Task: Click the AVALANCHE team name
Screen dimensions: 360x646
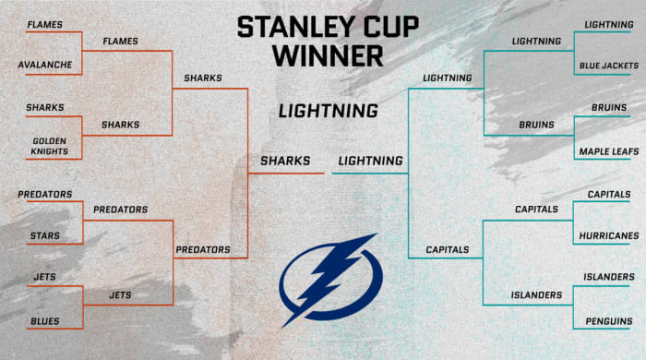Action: coord(47,66)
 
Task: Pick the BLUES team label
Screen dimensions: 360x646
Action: coord(43,321)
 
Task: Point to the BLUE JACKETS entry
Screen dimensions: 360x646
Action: coord(606,66)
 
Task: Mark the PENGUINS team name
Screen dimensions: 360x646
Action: coord(607,321)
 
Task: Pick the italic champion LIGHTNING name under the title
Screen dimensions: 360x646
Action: coord(328,111)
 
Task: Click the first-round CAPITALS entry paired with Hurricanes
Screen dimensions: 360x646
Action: coord(609,195)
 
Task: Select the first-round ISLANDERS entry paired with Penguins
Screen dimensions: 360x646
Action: coord(608,277)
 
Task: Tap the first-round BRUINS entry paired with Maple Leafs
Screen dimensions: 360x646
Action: coord(609,107)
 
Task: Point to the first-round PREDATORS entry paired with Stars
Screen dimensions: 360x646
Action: coord(45,195)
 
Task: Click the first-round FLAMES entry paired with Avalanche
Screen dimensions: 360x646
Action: coord(44,23)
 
